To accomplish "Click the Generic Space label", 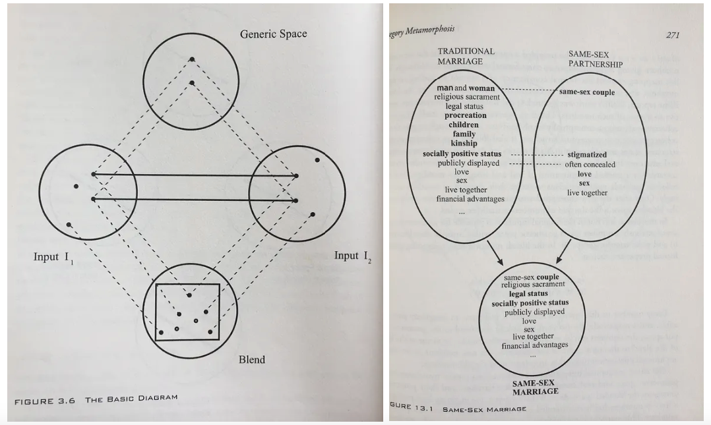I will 273,34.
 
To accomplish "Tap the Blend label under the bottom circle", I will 252,359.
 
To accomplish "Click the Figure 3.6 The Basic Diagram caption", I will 96,399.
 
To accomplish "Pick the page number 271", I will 672,35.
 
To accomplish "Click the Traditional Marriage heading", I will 466,56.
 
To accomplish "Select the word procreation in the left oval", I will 465,115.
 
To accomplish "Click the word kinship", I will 464,143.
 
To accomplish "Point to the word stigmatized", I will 586,155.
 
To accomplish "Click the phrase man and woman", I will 465,88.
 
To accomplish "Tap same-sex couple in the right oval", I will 586,92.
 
